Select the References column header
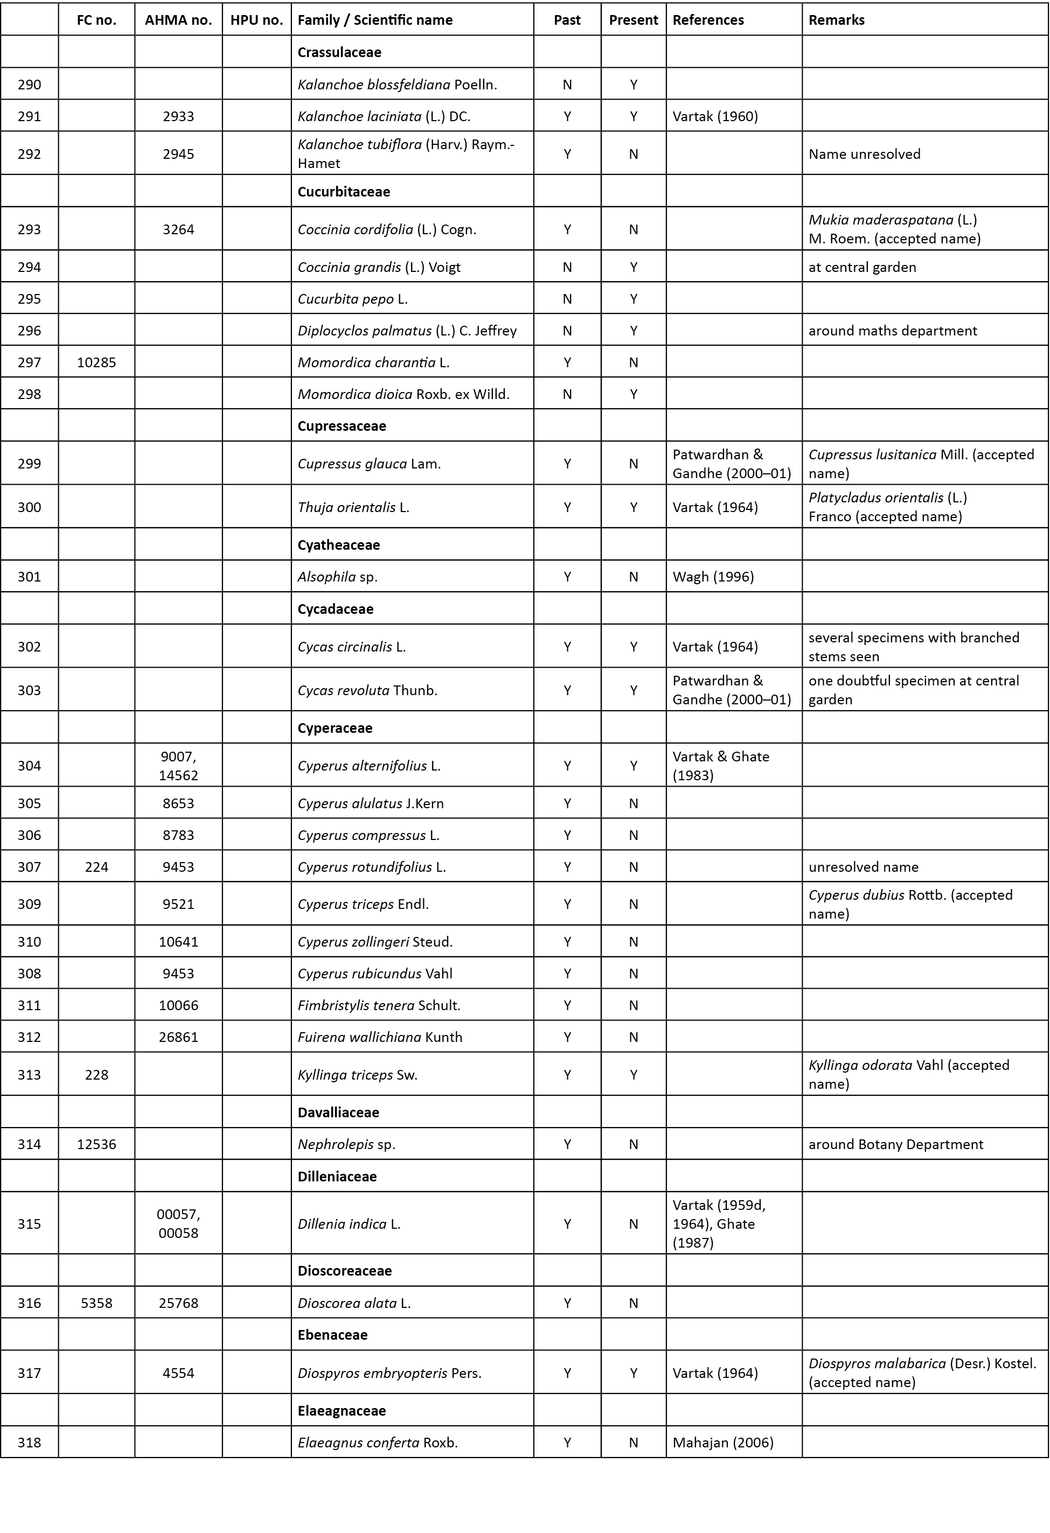click(x=707, y=20)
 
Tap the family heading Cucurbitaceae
click(x=343, y=191)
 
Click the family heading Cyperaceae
click(x=335, y=727)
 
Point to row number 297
click(x=29, y=362)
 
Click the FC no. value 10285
click(x=96, y=362)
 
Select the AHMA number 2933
click(x=178, y=116)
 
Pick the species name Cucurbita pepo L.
click(x=352, y=299)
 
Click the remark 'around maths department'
click(x=892, y=331)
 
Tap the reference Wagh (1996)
click(x=713, y=577)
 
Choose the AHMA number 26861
click(x=178, y=1037)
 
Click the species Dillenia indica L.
click(x=349, y=1223)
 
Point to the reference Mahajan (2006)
click(x=722, y=1443)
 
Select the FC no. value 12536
click(x=96, y=1144)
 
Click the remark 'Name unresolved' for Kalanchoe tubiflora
click(x=864, y=153)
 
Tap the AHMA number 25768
click(x=178, y=1303)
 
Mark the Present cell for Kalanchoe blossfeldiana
click(x=633, y=85)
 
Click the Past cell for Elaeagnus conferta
click(x=567, y=1443)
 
